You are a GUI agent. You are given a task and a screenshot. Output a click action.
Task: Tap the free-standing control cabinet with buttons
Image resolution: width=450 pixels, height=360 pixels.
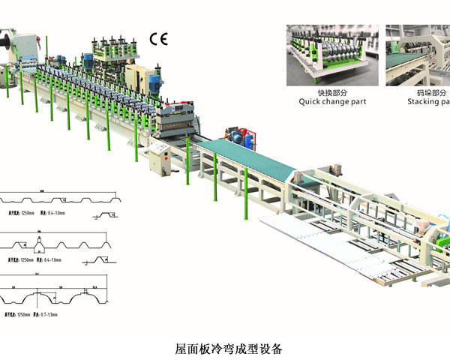point(159,158)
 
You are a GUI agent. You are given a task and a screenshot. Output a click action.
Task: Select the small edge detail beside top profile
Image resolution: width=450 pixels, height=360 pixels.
point(104,216)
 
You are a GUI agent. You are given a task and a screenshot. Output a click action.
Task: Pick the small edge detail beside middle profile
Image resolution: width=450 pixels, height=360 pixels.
point(104,259)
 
